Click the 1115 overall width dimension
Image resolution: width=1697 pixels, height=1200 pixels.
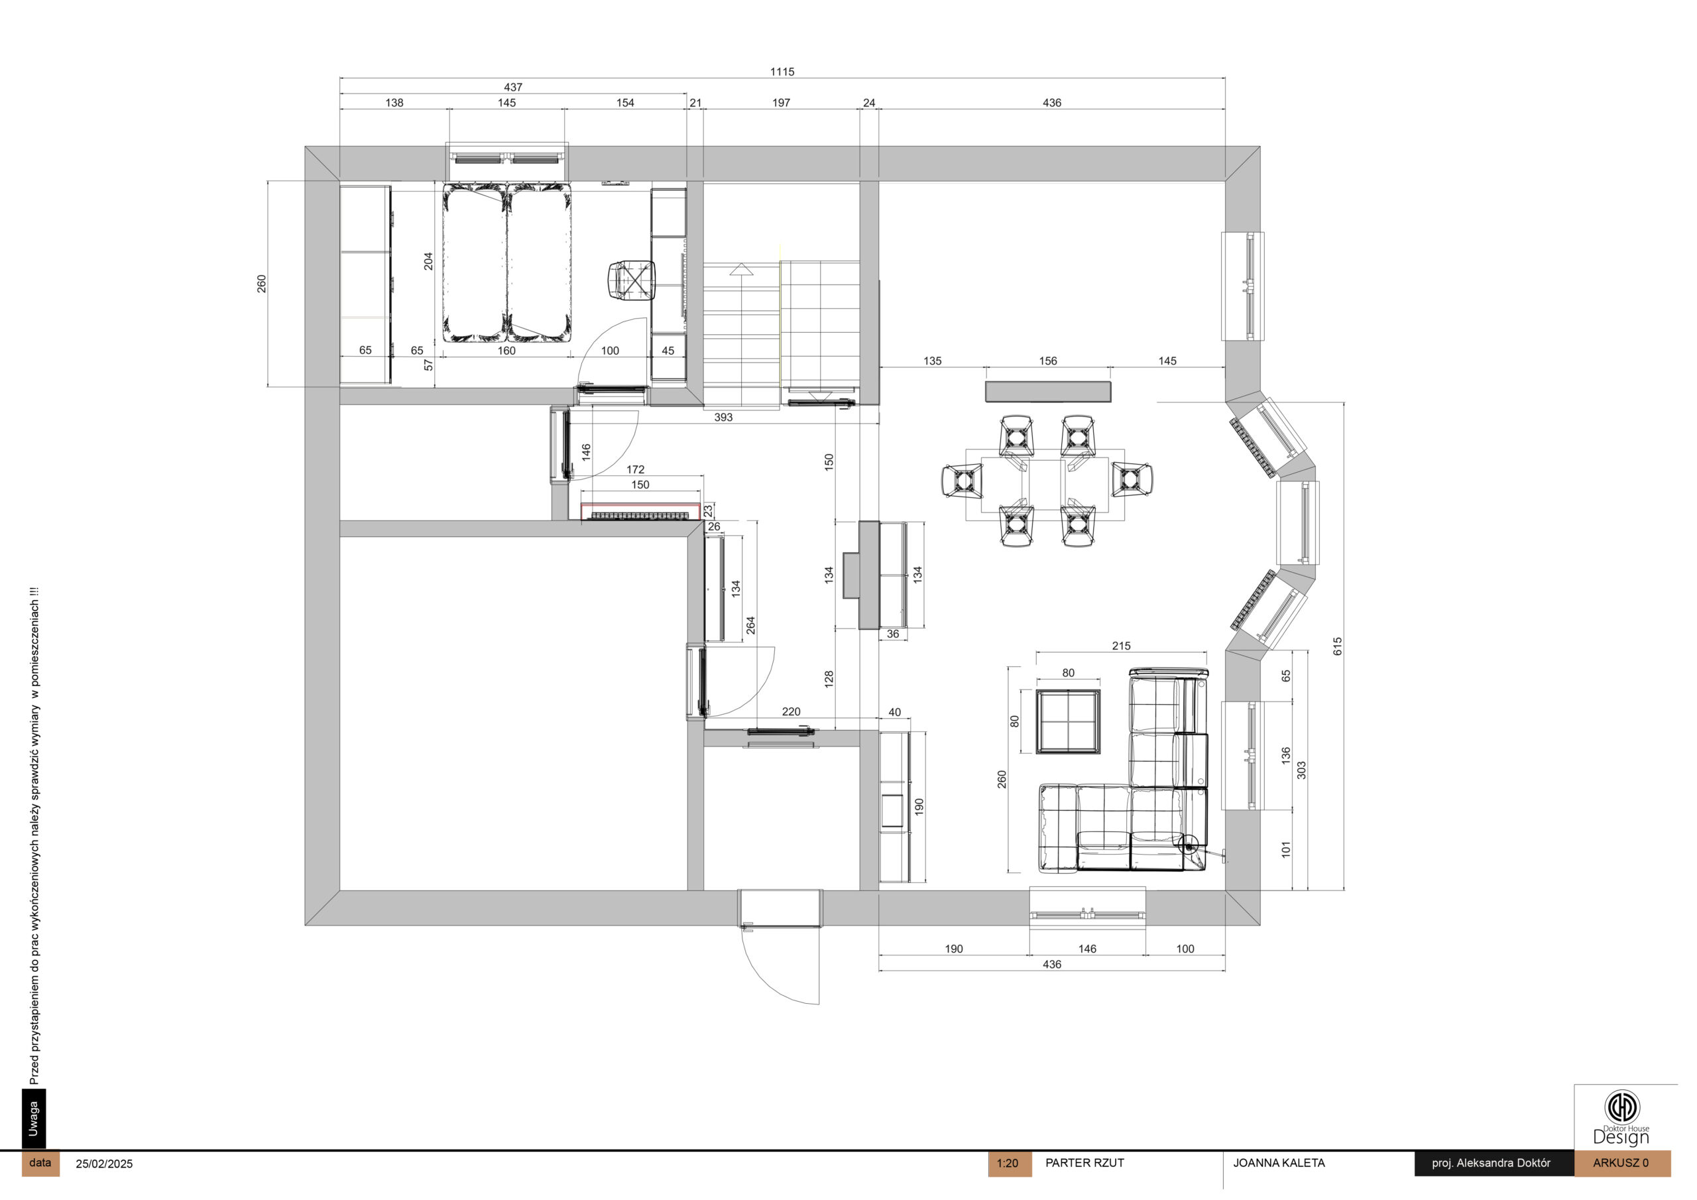pos(782,72)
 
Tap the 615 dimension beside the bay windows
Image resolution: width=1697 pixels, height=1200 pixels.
pos(1337,646)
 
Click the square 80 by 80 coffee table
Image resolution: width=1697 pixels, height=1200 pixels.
pos(1067,721)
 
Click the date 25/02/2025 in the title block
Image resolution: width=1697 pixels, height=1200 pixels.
pos(104,1164)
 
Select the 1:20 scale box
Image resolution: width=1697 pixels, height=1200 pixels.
pos(1009,1163)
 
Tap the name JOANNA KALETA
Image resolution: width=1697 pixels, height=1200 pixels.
pos(1279,1163)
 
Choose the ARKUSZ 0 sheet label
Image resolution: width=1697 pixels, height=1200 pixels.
pos(1621,1163)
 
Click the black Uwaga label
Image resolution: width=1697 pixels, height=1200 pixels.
pos(33,1118)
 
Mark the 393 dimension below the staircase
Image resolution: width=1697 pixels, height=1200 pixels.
pos(723,417)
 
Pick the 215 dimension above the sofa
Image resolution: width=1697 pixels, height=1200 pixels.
pos(1121,646)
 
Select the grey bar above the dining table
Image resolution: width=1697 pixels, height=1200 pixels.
pos(1048,391)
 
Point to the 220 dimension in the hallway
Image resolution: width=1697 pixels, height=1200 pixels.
pos(791,711)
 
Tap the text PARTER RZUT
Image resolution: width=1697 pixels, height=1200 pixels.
pos(1084,1163)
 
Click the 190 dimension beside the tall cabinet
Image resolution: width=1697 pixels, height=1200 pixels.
pos(919,807)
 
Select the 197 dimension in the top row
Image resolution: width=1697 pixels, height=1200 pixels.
pos(782,103)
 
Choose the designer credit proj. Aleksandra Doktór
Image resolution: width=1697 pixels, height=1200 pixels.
pos(1491,1163)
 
